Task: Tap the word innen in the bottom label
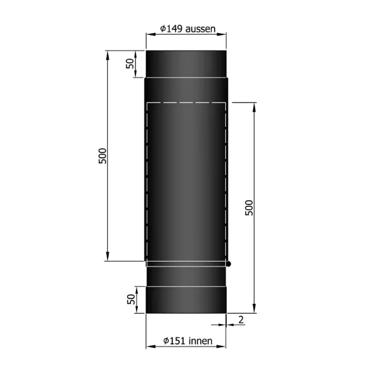tap(201, 341)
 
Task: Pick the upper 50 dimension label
tap(130, 64)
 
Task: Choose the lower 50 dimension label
tap(130, 300)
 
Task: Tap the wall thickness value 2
tap(242, 319)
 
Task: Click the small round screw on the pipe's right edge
tap(229, 264)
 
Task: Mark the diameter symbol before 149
tap(162, 28)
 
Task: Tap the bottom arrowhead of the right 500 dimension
tap(253, 310)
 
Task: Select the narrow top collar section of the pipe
tap(186, 64)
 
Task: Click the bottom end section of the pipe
tap(186, 300)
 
